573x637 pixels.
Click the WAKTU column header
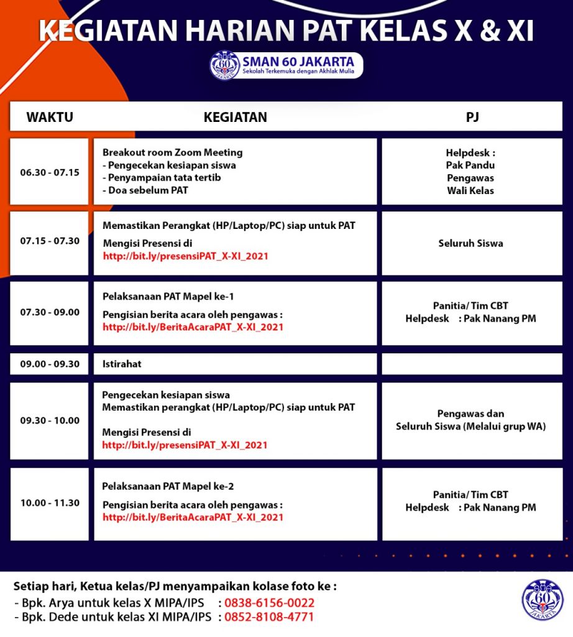50,117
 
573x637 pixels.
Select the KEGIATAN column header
235,117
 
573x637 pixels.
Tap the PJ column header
472,117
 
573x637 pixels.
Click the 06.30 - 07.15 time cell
50,172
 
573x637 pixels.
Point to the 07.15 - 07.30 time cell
50,241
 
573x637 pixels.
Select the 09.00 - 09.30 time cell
50,364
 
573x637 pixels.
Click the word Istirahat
122,364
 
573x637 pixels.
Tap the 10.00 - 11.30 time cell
50,503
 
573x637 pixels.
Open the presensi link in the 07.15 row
186,256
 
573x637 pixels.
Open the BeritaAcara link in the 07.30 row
193,327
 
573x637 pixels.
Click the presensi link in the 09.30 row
185,445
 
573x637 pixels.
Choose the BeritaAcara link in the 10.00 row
193,517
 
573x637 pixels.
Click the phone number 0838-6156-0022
269,603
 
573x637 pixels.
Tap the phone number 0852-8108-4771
269,617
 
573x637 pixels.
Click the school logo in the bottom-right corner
543,600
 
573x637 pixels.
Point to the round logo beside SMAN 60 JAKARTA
224,65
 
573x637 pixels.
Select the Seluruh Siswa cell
470,243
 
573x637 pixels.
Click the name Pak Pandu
470,165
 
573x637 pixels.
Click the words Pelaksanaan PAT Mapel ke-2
168,486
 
